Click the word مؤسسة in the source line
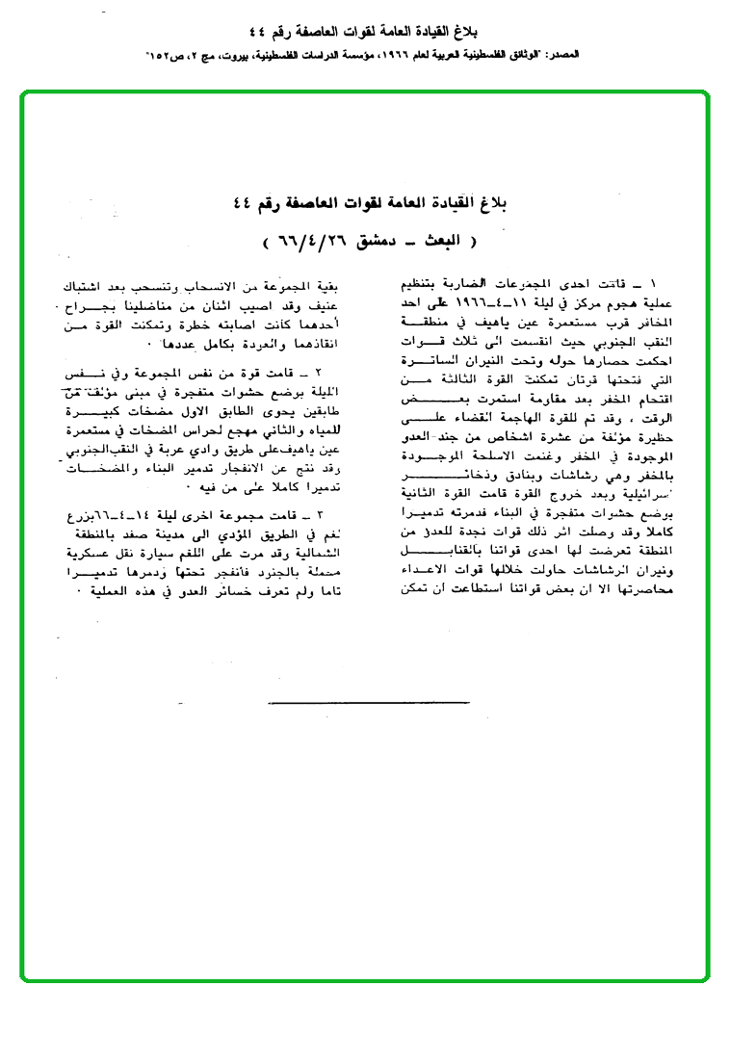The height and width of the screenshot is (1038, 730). [x=366, y=57]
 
